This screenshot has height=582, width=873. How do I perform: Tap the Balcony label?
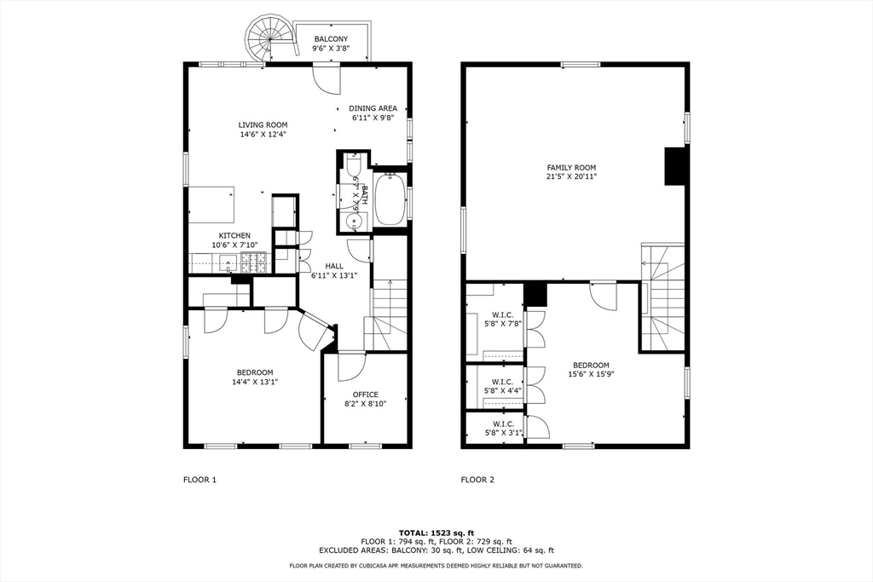pyautogui.click(x=331, y=39)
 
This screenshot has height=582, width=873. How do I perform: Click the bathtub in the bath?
pyautogui.click(x=390, y=199)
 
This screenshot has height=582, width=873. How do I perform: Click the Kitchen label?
pyautogui.click(x=234, y=236)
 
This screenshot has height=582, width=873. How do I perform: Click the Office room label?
pyautogui.click(x=366, y=395)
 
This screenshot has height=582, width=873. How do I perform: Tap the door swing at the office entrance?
pyautogui.click(x=350, y=366)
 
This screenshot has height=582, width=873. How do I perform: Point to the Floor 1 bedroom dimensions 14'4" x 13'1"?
pyautogui.click(x=255, y=382)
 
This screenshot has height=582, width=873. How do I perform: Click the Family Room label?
pyautogui.click(x=571, y=168)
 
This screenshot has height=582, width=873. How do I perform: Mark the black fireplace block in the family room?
pyautogui.click(x=676, y=165)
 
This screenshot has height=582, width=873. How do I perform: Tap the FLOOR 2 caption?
pyautogui.click(x=477, y=480)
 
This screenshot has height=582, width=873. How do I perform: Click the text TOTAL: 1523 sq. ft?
pyautogui.click(x=436, y=533)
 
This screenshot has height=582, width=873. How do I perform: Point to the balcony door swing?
pyautogui.click(x=327, y=79)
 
